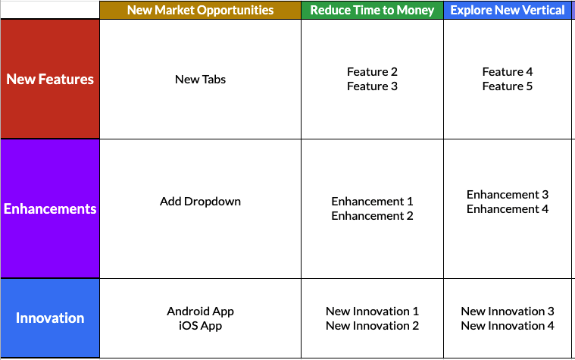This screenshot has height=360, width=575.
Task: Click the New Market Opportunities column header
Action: [x=200, y=10]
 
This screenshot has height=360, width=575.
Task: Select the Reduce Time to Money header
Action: [x=372, y=10]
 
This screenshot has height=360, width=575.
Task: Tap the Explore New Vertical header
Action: [x=508, y=10]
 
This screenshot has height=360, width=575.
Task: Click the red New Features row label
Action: [x=50, y=79]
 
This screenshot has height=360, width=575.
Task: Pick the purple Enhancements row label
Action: [x=50, y=208]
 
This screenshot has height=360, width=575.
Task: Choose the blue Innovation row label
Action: [x=50, y=318]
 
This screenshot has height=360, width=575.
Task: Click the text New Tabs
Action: [x=200, y=80]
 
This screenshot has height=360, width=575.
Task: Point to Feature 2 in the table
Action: [x=372, y=71]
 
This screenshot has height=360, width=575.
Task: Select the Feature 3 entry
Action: [x=372, y=86]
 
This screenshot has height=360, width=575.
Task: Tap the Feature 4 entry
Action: [x=508, y=71]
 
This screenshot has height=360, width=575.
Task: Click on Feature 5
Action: [x=508, y=86]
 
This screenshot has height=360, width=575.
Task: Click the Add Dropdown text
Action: [x=200, y=202]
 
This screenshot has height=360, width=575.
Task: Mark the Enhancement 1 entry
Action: [x=372, y=202]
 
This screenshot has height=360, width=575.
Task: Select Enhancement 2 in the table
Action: [x=372, y=216]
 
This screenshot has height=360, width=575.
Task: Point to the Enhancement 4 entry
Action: [x=508, y=209]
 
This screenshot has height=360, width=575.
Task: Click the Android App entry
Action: [x=200, y=311]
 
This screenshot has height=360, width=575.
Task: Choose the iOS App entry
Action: [x=200, y=326]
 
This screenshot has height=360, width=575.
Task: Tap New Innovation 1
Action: [x=372, y=311]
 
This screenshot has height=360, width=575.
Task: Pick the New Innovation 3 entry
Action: [x=508, y=311]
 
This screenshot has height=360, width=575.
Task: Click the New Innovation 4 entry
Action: [x=508, y=325]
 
